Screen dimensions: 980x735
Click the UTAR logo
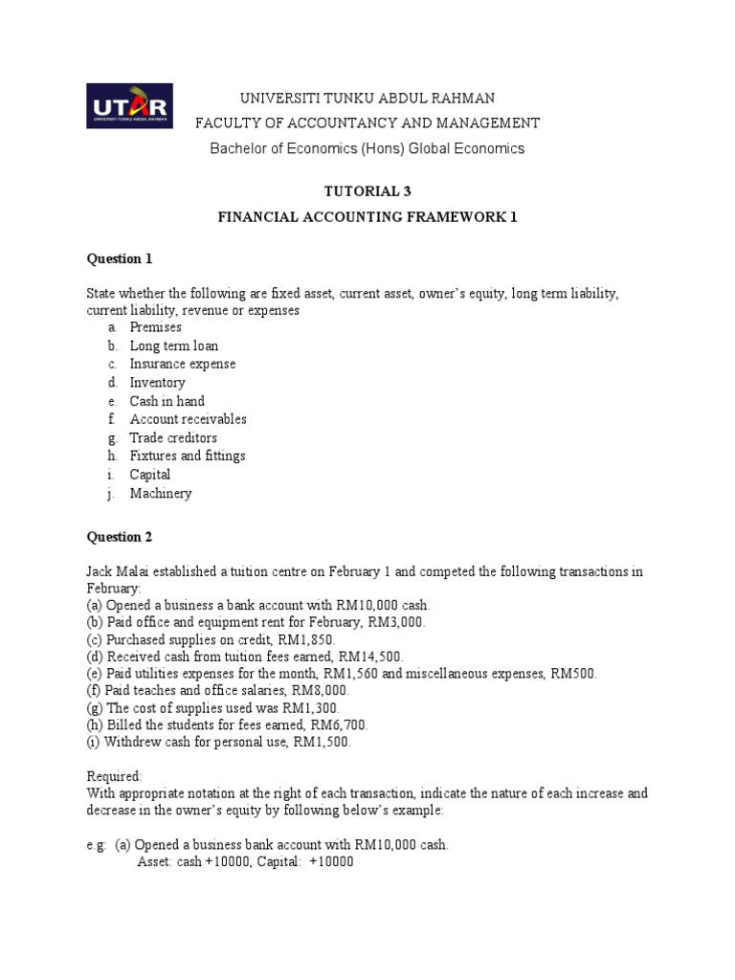click(129, 106)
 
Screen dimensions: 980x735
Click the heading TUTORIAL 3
click(368, 190)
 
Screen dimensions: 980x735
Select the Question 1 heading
click(120, 258)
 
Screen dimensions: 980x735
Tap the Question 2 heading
click(120, 537)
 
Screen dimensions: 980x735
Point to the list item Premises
click(155, 327)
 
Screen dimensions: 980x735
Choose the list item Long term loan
click(173, 345)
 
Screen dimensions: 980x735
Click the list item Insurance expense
click(182, 364)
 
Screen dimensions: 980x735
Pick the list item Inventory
click(157, 383)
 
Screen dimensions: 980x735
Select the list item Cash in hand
click(167, 401)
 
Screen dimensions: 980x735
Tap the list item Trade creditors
click(173, 437)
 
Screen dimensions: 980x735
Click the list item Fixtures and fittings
click(188, 456)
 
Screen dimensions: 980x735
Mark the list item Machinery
click(161, 493)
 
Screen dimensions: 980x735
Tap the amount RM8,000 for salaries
click(321, 690)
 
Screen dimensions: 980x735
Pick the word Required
click(114, 776)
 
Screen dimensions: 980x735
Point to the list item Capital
click(150, 475)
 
